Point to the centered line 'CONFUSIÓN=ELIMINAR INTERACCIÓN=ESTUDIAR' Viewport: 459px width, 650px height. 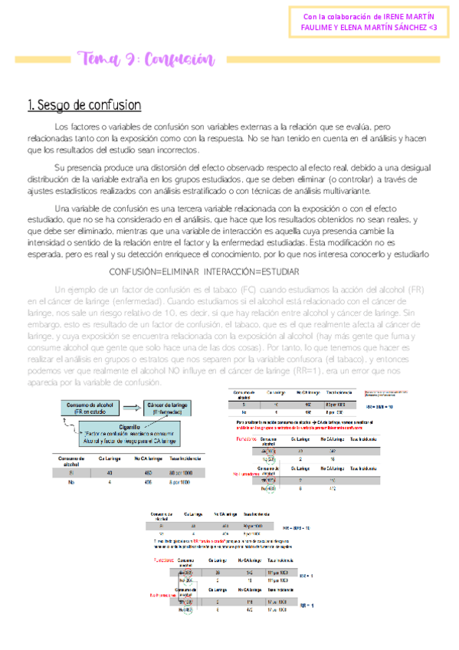point(205,272)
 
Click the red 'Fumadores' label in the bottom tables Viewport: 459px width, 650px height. point(164,562)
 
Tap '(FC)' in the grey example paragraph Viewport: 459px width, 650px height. point(240,289)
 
